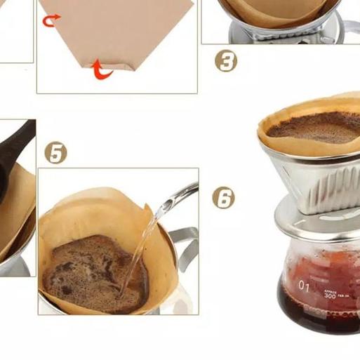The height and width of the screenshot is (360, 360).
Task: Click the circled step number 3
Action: (x=225, y=61)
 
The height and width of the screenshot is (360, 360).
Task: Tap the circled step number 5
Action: (x=55, y=152)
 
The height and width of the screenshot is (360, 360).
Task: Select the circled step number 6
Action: (x=223, y=199)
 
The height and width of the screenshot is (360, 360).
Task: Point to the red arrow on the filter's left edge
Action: (x=51, y=21)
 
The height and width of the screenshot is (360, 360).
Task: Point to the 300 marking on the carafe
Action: (x=330, y=295)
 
